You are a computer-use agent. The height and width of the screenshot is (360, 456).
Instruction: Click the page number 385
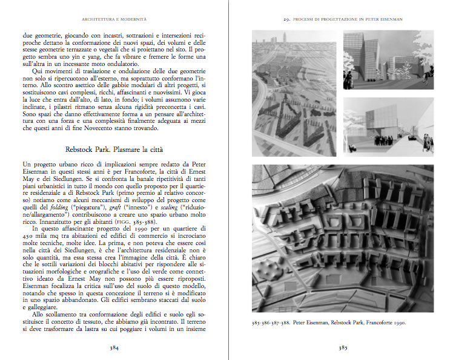tap(342, 348)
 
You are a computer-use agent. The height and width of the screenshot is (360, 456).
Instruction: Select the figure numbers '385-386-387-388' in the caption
tap(273, 323)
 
